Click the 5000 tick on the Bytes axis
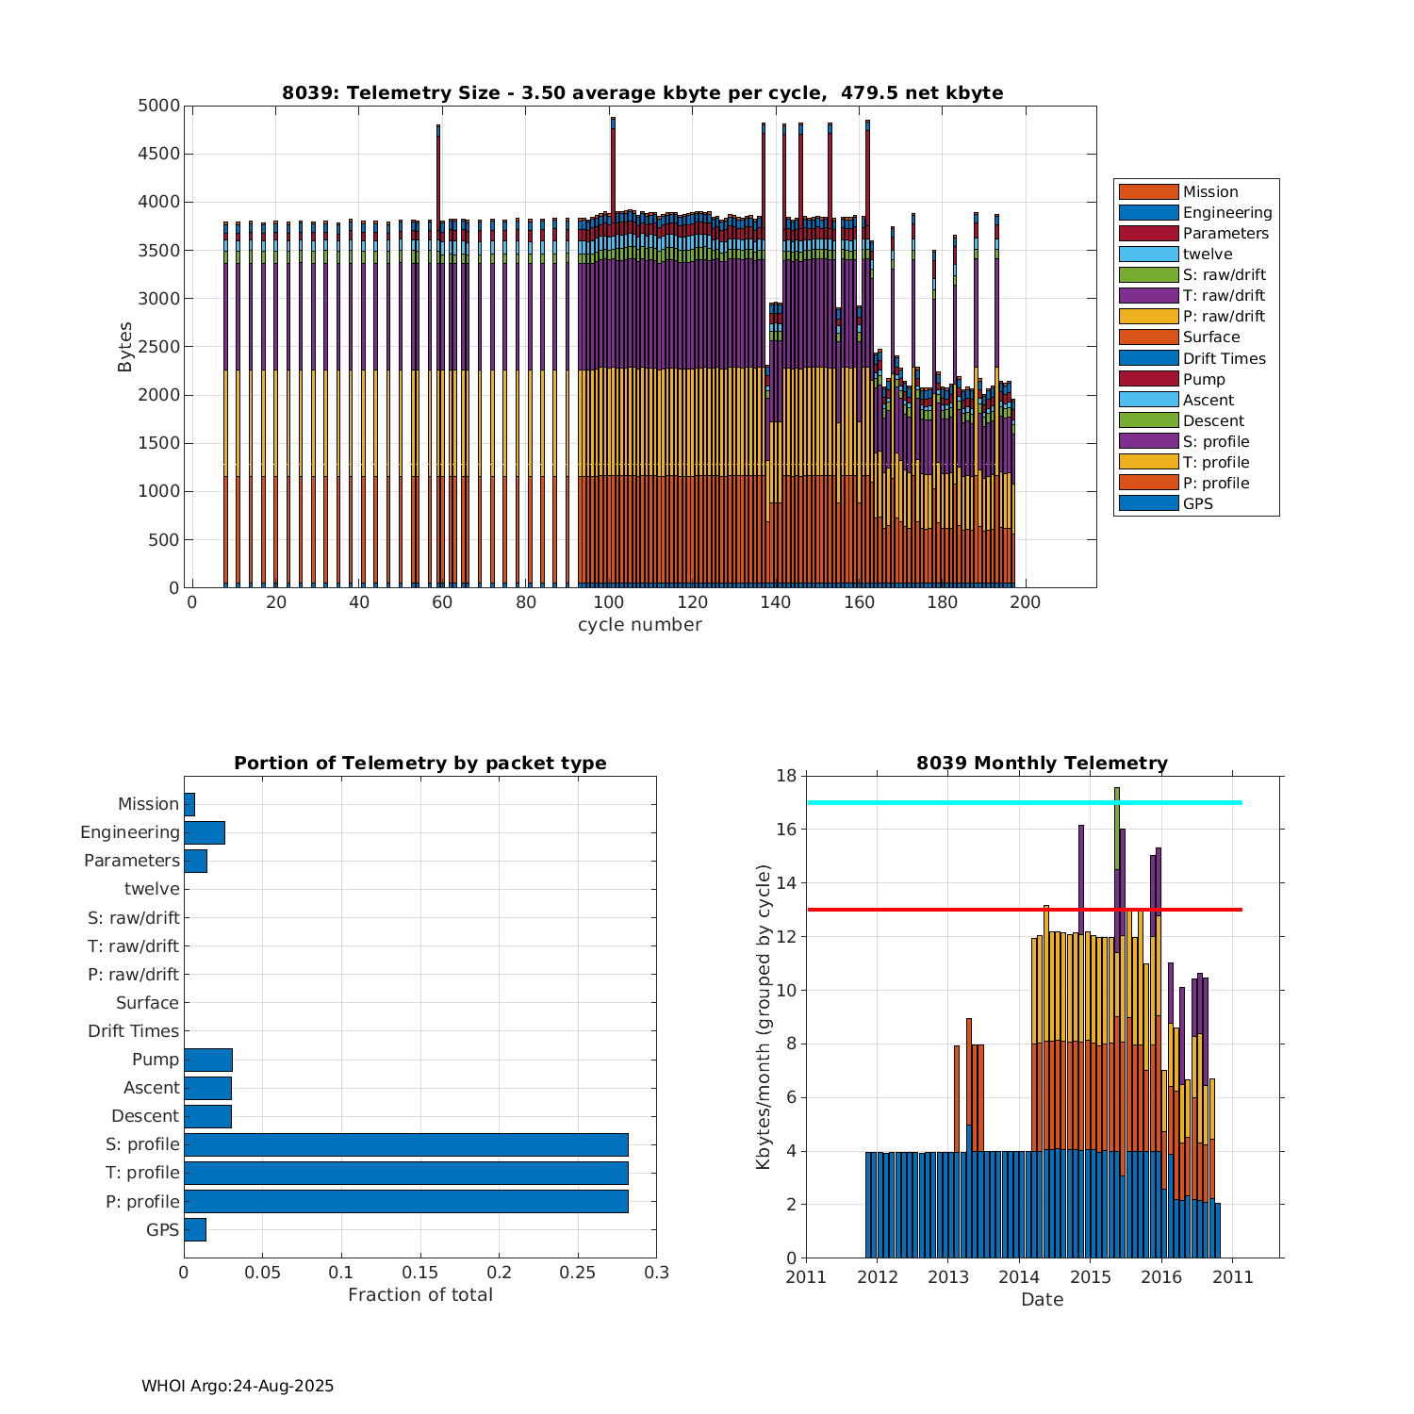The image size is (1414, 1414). click(x=158, y=106)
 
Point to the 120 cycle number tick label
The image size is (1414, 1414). click(x=693, y=603)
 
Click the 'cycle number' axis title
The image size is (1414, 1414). click(x=639, y=625)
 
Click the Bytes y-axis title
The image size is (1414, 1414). click(x=125, y=347)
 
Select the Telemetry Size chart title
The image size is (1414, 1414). click(x=642, y=92)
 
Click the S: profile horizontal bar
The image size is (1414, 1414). click(x=405, y=1144)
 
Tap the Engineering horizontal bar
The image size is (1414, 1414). click(x=205, y=832)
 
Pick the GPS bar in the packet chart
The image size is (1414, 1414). click(x=195, y=1229)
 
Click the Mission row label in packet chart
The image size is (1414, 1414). click(x=148, y=804)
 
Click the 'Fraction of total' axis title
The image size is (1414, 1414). click(x=420, y=1295)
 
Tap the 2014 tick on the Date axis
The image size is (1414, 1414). click(x=1019, y=1277)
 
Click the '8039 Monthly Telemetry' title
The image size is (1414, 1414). click(x=1042, y=763)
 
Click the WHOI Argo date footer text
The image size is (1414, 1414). click(x=238, y=1386)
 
